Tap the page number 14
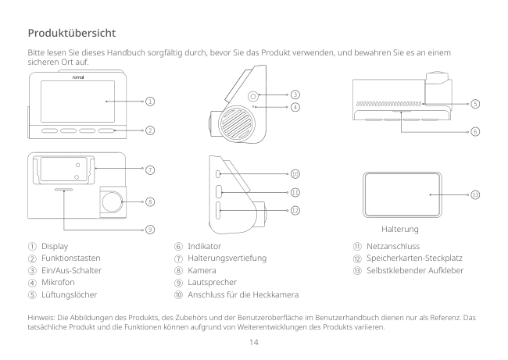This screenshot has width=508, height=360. click(253, 341)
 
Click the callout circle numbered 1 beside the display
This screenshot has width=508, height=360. click(149, 101)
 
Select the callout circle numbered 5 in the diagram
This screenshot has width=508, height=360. click(475, 103)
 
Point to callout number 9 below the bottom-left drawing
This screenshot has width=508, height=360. click(149, 229)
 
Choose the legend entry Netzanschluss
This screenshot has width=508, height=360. click(388, 245)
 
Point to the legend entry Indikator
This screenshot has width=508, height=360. click(204, 245)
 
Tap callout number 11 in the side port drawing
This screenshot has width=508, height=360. click(295, 191)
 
